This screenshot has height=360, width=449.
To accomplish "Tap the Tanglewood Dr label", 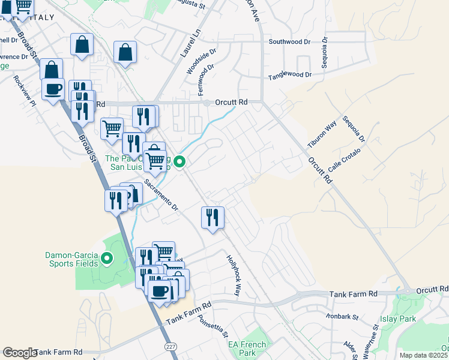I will tap(290, 75).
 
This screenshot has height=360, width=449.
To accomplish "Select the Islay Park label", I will tap(397, 319).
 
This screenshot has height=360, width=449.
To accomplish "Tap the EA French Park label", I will tap(247, 349).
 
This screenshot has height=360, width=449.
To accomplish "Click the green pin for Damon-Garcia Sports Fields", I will tap(107, 259).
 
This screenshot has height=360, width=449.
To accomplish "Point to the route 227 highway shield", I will tap(170, 347).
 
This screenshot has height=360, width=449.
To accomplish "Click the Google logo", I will tap(20, 353).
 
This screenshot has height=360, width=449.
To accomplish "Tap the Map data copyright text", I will tap(424, 355).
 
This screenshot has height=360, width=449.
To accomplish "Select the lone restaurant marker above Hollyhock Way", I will tap(212, 217).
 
